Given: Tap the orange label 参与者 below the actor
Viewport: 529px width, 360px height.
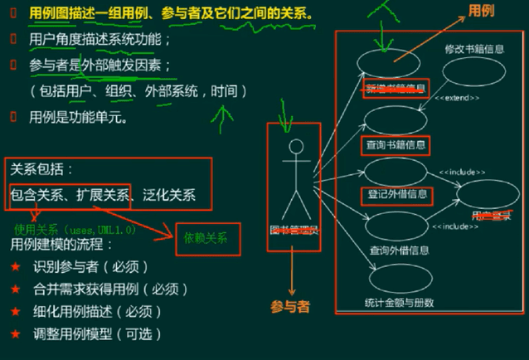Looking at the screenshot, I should (290, 306).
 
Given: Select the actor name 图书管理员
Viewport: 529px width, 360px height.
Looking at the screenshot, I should (294, 230).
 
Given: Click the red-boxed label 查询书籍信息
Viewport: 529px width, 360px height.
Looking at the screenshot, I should (396, 144).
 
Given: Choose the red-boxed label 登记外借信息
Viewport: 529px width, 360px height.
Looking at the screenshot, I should (396, 195).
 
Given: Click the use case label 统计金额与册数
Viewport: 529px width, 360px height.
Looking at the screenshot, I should (398, 302).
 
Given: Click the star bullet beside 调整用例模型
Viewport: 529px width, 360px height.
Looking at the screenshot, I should (16, 333).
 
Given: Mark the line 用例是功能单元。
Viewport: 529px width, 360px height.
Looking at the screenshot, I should (79, 117).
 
